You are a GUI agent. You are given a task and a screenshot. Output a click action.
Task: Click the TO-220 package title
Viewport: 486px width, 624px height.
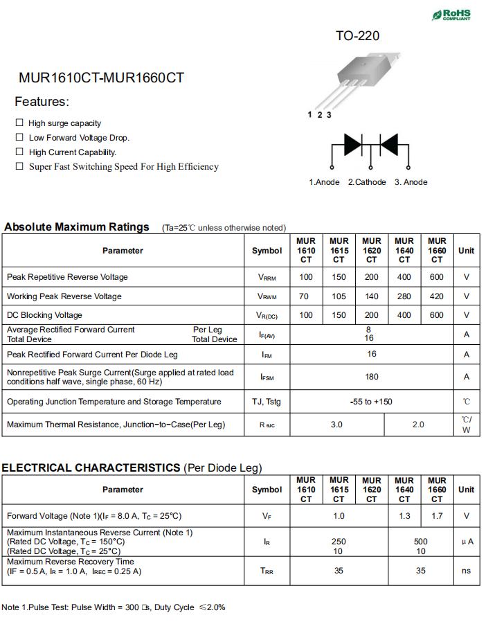point(357,36)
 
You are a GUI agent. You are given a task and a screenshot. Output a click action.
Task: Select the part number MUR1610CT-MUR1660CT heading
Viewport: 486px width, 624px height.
point(102,78)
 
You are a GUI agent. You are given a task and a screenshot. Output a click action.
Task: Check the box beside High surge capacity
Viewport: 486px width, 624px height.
point(19,123)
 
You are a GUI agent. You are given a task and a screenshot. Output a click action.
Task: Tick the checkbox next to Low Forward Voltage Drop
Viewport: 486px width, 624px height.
point(19,137)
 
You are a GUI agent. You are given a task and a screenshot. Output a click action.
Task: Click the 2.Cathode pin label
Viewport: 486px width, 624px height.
point(367,182)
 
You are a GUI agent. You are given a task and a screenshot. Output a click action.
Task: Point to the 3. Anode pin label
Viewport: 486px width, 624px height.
point(411,182)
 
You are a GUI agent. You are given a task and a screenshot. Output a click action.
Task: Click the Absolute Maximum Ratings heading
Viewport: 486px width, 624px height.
point(77,227)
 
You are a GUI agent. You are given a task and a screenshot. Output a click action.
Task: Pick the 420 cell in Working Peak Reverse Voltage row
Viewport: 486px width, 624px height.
point(437,296)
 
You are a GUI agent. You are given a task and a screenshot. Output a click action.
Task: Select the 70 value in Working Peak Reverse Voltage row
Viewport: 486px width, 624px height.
point(306,296)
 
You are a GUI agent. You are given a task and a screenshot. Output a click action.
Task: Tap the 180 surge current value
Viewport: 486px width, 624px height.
point(372,377)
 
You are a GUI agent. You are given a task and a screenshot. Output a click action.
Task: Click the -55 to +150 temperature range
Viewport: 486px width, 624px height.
point(371,402)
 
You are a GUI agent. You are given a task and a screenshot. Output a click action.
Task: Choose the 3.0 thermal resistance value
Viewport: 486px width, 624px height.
point(336,425)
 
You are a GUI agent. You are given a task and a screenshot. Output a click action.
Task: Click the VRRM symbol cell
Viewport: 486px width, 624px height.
point(267,278)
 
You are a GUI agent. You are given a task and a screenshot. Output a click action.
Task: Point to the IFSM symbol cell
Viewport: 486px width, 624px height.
point(267,377)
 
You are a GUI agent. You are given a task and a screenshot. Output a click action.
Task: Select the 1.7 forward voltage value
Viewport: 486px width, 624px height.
point(437,516)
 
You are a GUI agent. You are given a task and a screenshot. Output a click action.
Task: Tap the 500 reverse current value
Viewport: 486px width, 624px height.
point(420,542)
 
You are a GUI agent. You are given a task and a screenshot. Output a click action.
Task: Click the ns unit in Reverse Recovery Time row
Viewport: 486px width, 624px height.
point(466,571)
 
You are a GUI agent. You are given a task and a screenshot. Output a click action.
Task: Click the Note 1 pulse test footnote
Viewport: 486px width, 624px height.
point(114,607)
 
